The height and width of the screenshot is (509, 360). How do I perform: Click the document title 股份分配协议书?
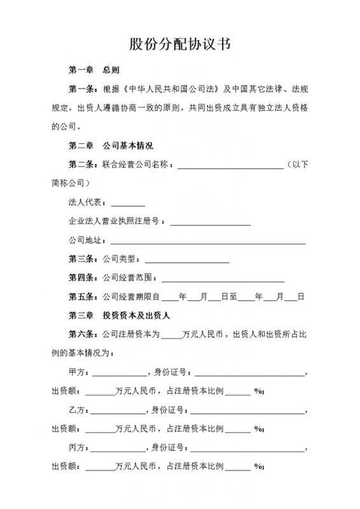pos(179,44)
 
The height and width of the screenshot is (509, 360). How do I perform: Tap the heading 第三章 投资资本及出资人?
pos(122,315)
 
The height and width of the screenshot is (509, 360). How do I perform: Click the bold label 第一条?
pos(84,88)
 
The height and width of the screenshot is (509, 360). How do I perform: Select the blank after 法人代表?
pos(128,205)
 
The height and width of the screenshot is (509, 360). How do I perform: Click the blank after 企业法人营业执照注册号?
pos(210,224)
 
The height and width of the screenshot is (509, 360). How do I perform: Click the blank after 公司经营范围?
pos(223,279)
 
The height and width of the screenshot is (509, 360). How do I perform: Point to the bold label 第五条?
pos(84,296)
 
